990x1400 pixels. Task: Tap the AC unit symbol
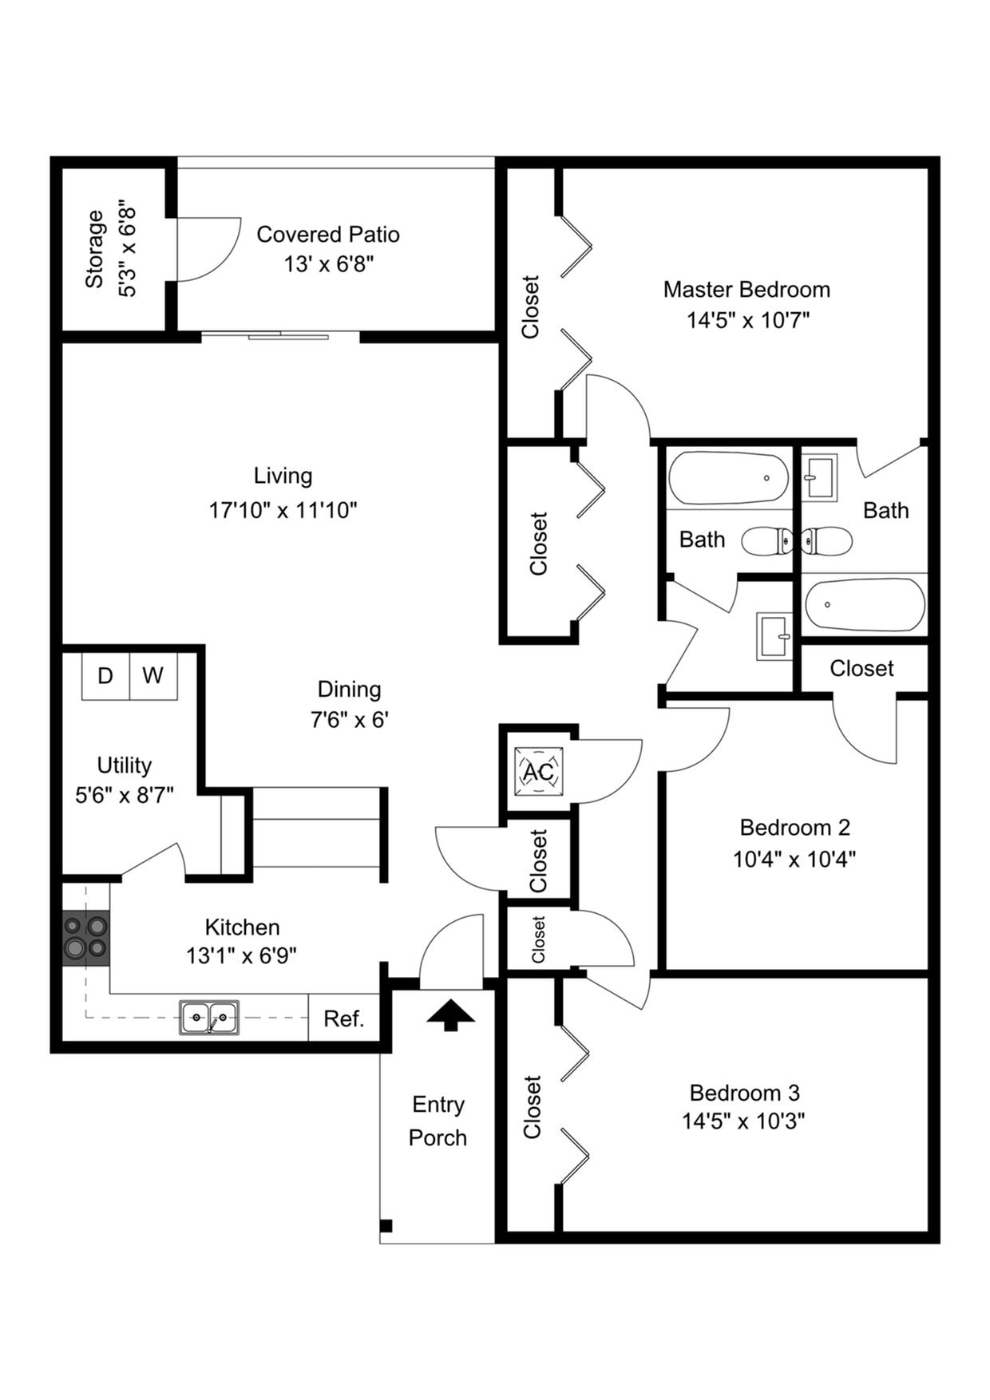pos(539,772)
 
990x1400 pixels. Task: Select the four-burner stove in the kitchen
pos(85,937)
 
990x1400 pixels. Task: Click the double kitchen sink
pos(209,1018)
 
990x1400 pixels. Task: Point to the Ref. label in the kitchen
pos(344,1019)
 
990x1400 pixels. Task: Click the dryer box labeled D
pos(105,676)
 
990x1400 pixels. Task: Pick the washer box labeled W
pos(153,676)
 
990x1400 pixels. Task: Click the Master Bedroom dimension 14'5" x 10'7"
pos(748,320)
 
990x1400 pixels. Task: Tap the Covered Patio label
pos(327,235)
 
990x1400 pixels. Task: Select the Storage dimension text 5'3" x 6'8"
pos(127,252)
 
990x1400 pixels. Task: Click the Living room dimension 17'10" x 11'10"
pos(283,510)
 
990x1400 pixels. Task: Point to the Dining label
pos(349,689)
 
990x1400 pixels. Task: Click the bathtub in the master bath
pos(864,604)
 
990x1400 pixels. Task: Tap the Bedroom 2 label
pos(794,827)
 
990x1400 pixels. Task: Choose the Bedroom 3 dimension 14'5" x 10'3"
pos(743,1121)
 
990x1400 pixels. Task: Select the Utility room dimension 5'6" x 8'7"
pos(125,795)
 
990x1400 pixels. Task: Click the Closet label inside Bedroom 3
pos(533,1106)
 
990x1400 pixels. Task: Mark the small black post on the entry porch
pos(386,1225)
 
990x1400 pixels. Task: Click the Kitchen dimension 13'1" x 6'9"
pos(242,955)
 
